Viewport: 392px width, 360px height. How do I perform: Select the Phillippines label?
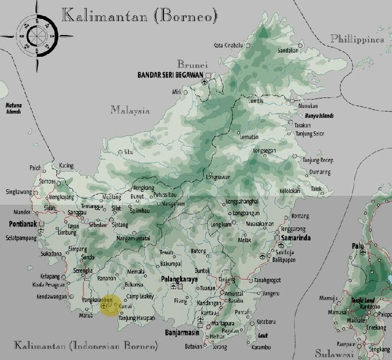click(356, 39)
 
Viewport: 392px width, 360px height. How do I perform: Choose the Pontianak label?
click(23, 224)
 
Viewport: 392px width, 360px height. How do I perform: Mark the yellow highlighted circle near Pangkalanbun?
click(108, 305)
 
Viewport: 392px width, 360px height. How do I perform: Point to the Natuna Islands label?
click(13, 108)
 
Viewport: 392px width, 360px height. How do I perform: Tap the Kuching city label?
click(67, 166)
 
